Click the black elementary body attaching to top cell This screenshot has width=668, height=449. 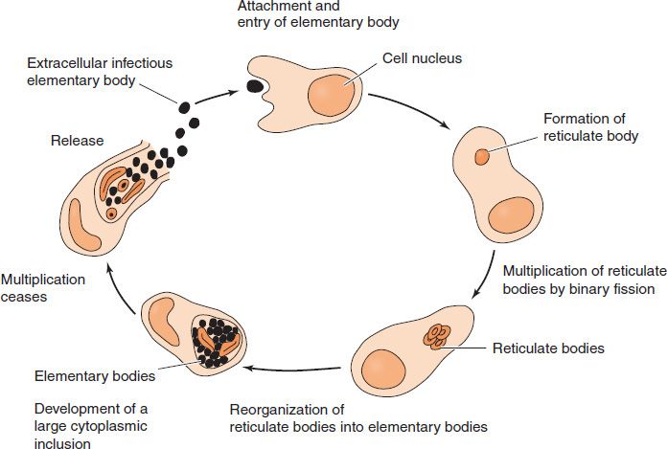click(255, 86)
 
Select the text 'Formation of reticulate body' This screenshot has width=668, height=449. click(585, 127)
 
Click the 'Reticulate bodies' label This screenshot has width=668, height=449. click(547, 348)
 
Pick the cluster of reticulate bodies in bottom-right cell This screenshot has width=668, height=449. click(437, 336)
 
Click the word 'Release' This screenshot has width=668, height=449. click(78, 141)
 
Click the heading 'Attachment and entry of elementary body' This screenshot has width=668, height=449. click(318, 13)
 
